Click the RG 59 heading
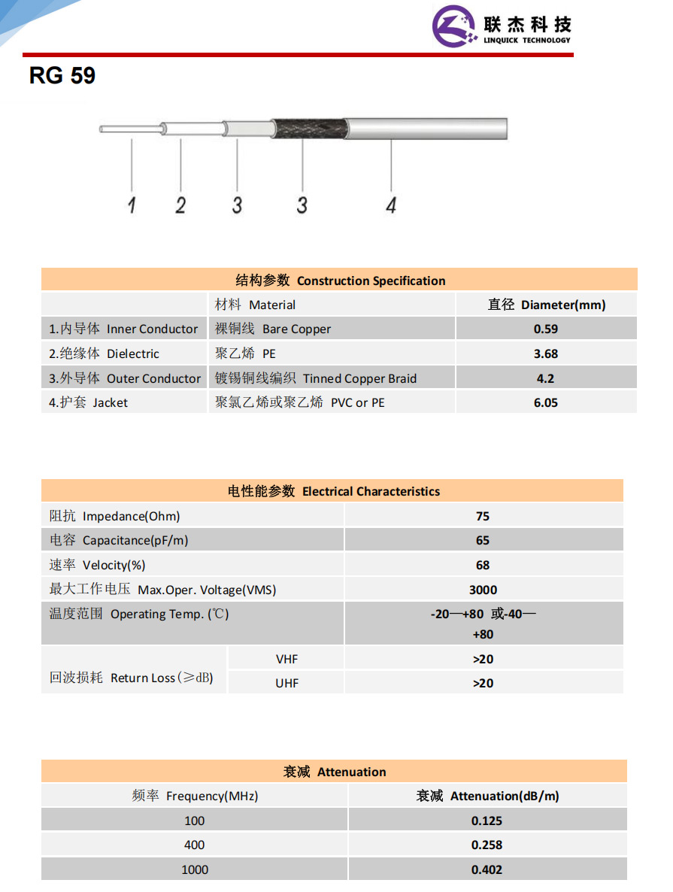62,76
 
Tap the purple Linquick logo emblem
454,27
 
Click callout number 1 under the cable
132,204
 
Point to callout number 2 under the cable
180,204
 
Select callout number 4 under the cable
391,204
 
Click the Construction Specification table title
340,281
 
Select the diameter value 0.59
546,329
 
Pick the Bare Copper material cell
273,329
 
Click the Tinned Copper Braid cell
316,378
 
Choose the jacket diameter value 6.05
546,402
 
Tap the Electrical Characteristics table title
333,491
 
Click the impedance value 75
483,516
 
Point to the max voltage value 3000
483,590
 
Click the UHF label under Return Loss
286,683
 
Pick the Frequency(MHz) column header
195,796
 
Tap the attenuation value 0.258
487,845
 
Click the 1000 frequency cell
195,869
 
